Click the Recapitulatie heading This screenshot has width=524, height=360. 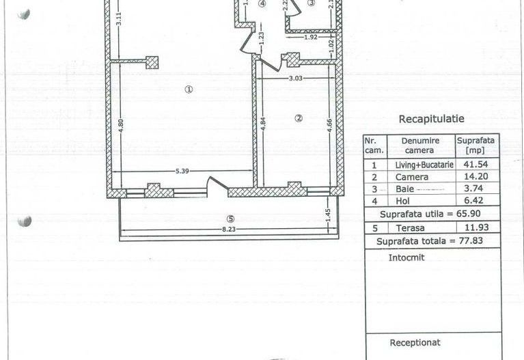click(x=430, y=119)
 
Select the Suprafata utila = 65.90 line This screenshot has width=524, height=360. click(x=430, y=214)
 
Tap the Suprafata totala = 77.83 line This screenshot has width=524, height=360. click(x=430, y=241)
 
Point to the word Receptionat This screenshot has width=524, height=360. click(x=415, y=343)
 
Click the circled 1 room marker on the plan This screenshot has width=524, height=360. click(x=189, y=88)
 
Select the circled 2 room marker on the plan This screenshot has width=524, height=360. click(x=298, y=117)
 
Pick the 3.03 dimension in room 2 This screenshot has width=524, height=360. click(x=295, y=78)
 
